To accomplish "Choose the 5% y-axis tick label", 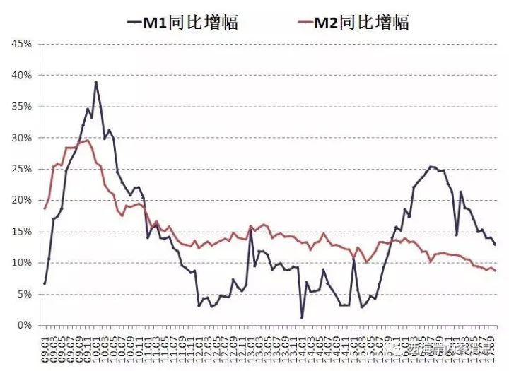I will (x=23, y=294).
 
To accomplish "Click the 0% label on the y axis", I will (x=23, y=325).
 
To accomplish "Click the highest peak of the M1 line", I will (x=96, y=82).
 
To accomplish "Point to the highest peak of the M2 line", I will (x=87, y=140).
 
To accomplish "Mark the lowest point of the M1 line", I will (x=302, y=318).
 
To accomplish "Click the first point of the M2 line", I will (x=45, y=208).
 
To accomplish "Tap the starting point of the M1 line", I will (x=45, y=283).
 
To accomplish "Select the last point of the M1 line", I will (x=496, y=245).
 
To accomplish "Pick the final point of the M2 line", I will (x=496, y=271).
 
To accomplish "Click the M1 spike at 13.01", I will (x=250, y=228).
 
